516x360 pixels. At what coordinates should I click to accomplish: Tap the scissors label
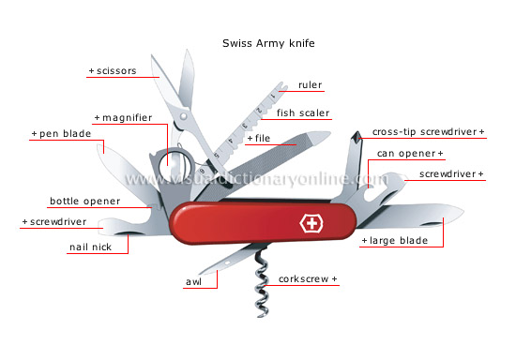[113, 69]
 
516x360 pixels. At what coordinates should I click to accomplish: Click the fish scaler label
[301, 113]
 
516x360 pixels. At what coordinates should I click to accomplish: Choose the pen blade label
[58, 135]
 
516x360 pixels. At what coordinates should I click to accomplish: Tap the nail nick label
[91, 248]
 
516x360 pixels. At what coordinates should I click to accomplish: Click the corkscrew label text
[309, 279]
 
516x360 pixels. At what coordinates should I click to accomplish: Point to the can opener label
[409, 153]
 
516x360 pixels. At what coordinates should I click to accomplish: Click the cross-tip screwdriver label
[429, 132]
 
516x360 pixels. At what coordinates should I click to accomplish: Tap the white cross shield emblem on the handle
[309, 225]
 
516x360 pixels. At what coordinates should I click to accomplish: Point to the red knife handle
[253, 223]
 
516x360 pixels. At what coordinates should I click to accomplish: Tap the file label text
[259, 139]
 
